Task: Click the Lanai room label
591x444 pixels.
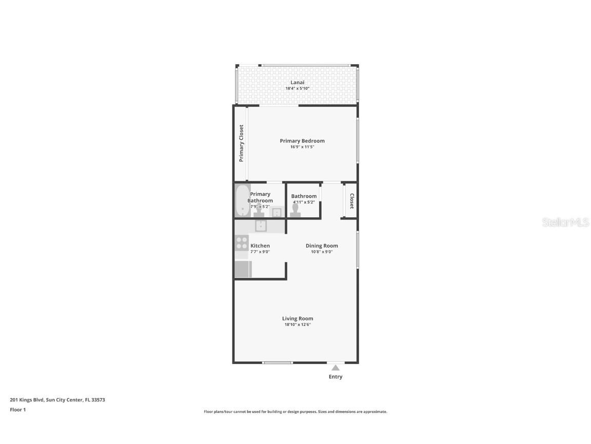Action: [x=297, y=82]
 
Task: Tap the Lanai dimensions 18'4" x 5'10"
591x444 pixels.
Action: [x=297, y=88]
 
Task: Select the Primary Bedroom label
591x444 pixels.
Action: [x=302, y=141]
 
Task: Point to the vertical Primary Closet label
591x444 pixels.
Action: [x=241, y=143]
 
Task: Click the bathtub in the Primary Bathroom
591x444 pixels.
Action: [x=242, y=201]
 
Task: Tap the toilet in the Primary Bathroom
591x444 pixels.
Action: [x=259, y=212]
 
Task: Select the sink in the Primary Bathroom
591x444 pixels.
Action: [x=277, y=213]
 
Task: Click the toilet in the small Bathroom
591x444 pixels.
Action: [x=295, y=212]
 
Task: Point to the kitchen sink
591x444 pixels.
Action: [x=261, y=226]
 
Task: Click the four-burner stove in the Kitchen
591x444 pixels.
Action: [x=242, y=243]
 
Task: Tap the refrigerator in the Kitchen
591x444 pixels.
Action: [x=243, y=269]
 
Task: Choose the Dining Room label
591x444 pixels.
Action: [x=322, y=246]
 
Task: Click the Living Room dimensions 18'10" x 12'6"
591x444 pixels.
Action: [x=297, y=325]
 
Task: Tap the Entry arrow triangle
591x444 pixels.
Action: [x=336, y=367]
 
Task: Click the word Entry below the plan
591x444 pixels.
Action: [x=336, y=377]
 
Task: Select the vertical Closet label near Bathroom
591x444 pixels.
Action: [x=352, y=201]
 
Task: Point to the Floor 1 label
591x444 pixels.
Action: [x=17, y=410]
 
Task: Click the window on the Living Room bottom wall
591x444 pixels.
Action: [x=278, y=363]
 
